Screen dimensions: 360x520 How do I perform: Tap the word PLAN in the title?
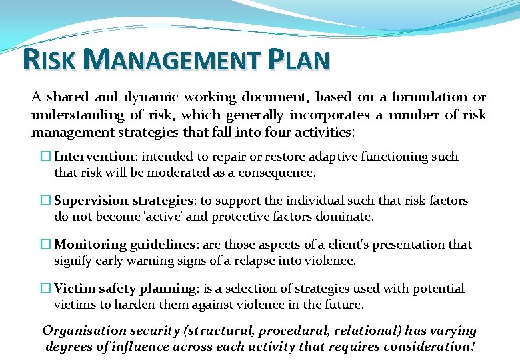click(299, 59)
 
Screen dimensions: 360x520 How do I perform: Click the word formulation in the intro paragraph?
click(429, 97)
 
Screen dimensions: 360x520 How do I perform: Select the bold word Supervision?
click(91, 201)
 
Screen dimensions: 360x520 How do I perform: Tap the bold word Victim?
click(74, 289)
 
